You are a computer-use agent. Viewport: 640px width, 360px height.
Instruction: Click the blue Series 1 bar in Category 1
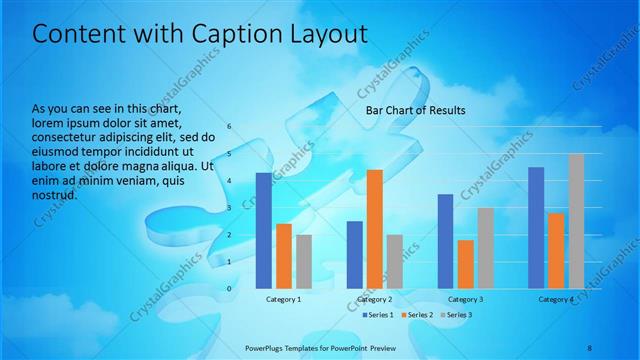click(x=263, y=231)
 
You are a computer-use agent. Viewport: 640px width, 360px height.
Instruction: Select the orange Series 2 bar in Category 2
click(x=374, y=229)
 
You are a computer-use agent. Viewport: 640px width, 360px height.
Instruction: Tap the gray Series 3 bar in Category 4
click(x=576, y=221)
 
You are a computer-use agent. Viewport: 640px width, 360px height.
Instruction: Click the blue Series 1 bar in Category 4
click(x=535, y=228)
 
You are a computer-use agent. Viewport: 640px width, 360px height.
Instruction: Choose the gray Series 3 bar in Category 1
click(x=304, y=262)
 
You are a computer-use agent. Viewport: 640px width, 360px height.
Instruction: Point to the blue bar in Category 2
click(x=354, y=255)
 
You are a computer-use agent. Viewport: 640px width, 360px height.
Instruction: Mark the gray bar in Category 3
click(x=485, y=248)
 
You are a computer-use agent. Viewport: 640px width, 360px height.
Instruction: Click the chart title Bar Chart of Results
click(x=415, y=110)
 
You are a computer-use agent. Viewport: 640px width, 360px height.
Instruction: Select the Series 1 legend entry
click(x=376, y=315)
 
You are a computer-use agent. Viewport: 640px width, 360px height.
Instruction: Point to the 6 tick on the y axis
click(x=229, y=127)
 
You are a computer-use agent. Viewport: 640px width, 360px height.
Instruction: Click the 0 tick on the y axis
click(x=229, y=289)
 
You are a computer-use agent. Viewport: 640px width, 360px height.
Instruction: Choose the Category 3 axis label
click(x=465, y=299)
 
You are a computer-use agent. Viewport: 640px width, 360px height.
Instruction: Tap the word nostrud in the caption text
click(x=54, y=195)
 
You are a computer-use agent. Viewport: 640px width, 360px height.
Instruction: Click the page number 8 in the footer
click(x=589, y=346)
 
